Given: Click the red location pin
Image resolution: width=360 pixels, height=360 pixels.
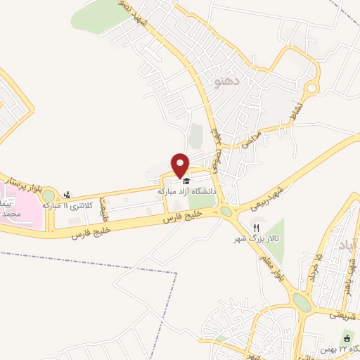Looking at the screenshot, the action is (x=181, y=165).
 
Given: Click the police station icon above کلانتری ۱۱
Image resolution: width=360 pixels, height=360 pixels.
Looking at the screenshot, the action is (x=67, y=195).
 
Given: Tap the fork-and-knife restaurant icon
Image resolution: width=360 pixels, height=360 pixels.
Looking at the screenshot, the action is (x=256, y=228).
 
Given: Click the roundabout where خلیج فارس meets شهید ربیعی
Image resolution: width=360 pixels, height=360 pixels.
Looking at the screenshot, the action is (x=226, y=211).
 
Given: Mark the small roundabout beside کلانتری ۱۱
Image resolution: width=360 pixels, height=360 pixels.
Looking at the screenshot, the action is (x=49, y=196).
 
